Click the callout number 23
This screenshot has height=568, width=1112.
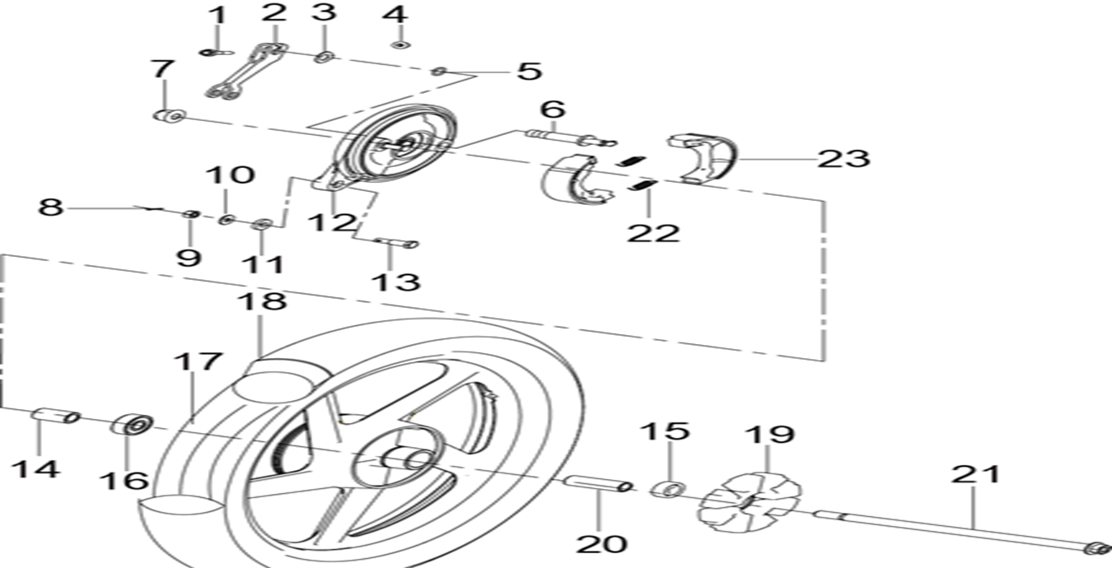pyautogui.click(x=843, y=157)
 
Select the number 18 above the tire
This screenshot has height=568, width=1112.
pyautogui.click(x=262, y=301)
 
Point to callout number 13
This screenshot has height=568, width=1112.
pyautogui.click(x=395, y=282)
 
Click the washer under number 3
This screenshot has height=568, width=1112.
pyautogui.click(x=324, y=57)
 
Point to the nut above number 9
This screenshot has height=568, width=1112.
pyautogui.click(x=190, y=215)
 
